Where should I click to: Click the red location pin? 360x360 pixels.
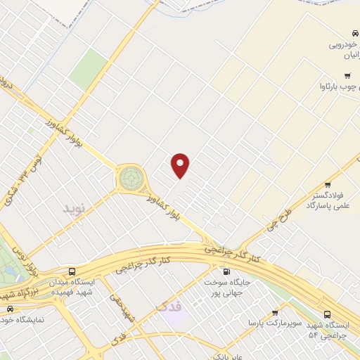[x=181, y=165]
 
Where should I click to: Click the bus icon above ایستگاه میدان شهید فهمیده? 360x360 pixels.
[x=72, y=271]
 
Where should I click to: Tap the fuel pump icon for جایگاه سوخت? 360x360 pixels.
[x=226, y=271]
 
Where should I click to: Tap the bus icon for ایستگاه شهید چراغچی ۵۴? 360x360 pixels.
[x=327, y=315]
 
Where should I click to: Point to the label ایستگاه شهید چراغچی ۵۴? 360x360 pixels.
[x=326, y=330]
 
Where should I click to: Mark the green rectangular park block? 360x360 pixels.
[x=87, y=68]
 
